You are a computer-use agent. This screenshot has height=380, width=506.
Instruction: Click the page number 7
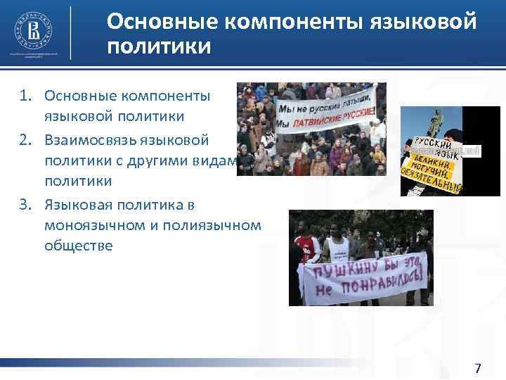[x=478, y=369]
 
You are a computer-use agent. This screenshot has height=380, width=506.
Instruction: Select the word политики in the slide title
[x=159, y=47]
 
